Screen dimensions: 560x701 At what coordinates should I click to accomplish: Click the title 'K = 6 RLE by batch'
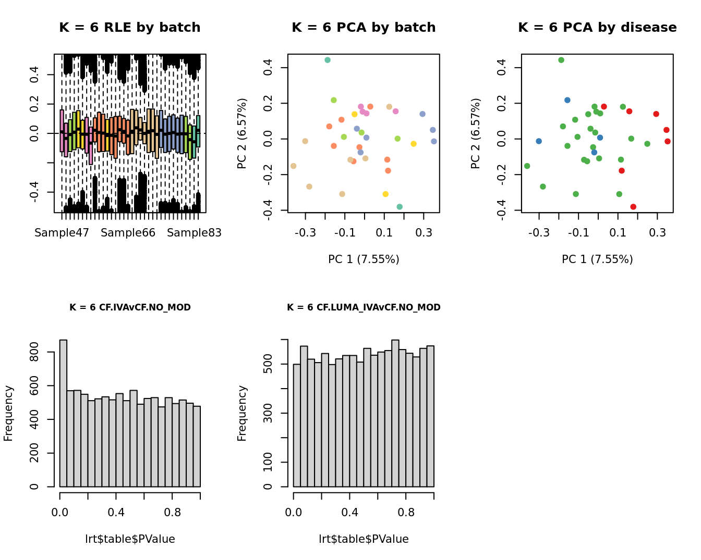coord(129,28)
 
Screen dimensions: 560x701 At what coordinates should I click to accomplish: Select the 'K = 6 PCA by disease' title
coord(597,28)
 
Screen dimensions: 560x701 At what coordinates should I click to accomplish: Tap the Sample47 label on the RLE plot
coord(62,233)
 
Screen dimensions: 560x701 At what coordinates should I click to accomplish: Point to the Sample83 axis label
coord(194,233)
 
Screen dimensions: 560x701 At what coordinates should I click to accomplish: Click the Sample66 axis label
coord(128,233)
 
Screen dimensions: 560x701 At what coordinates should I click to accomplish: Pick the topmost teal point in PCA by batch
coord(328,60)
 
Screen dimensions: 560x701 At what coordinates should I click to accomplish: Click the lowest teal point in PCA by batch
coord(400,207)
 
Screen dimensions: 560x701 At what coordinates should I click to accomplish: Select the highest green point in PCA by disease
coord(561,60)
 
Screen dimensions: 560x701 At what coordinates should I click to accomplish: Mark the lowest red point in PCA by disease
coord(633,207)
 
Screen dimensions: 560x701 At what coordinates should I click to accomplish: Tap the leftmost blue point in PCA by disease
coord(539,141)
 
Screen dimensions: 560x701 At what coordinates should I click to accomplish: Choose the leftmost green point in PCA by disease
coord(527,166)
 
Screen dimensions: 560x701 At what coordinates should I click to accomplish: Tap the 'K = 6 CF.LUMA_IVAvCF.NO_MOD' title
coord(364,307)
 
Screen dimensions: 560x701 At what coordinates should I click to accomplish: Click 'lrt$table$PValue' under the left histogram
coord(130,539)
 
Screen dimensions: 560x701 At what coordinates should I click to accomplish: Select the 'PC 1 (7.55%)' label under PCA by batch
coord(364,259)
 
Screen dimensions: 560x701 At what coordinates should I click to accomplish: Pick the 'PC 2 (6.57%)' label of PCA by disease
coord(475,133)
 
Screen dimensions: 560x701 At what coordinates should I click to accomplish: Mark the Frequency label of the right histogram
coord(242,413)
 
